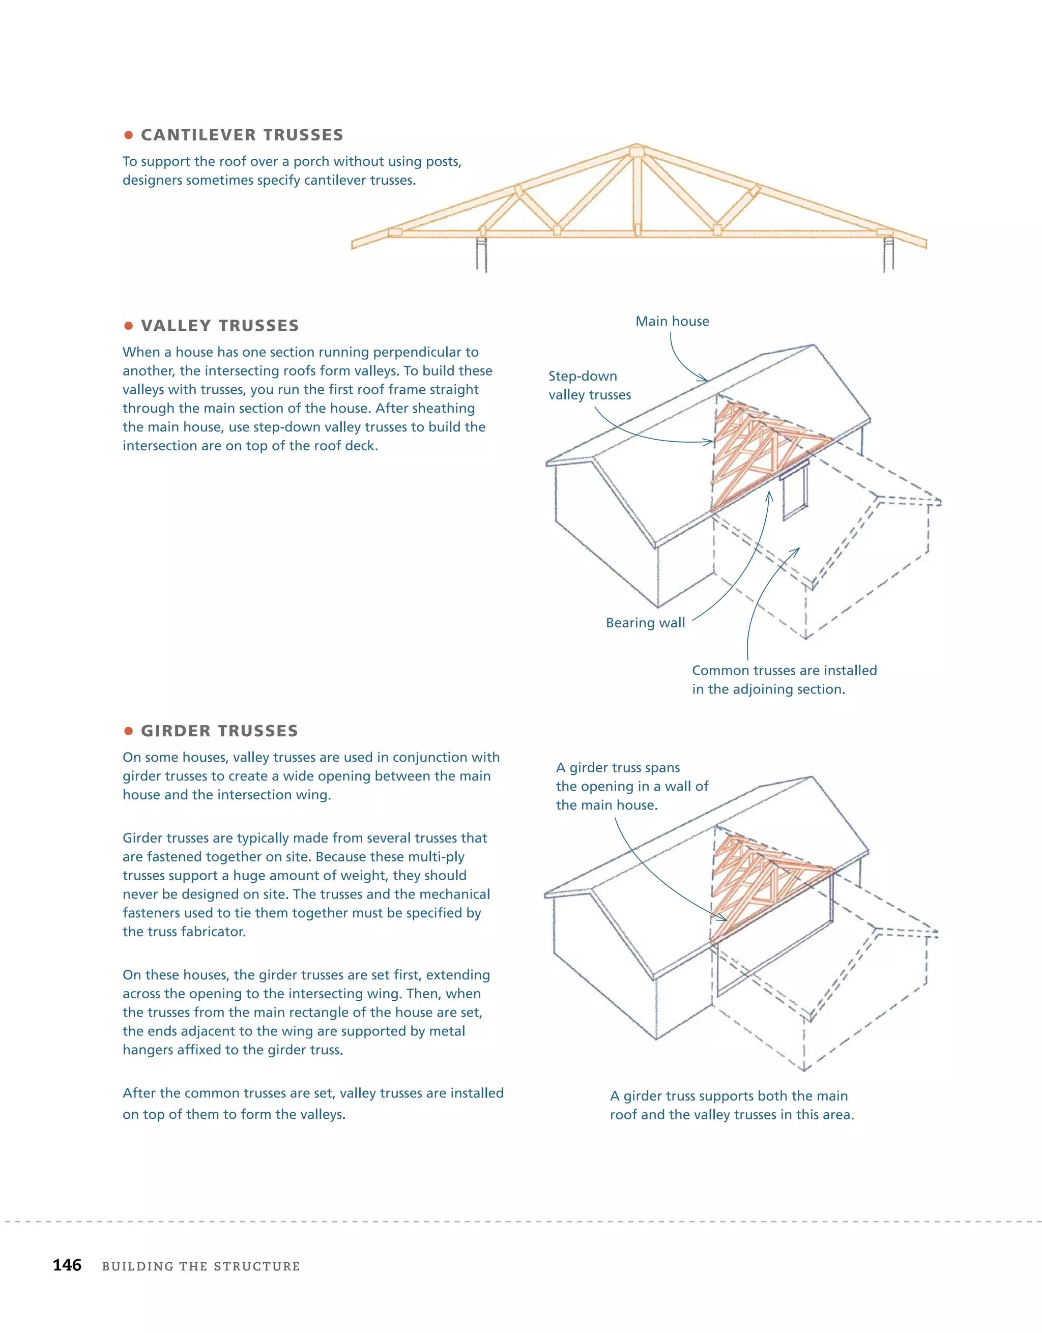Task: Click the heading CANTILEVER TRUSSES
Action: click(242, 135)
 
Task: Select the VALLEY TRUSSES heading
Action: click(220, 326)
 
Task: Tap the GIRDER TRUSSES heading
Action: click(219, 731)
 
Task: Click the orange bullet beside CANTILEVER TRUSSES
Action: click(128, 135)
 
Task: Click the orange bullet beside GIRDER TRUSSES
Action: click(128, 731)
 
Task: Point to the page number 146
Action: click(67, 1265)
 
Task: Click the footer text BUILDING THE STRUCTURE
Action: click(201, 1266)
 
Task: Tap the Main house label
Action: click(672, 322)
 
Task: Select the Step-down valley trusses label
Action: click(589, 385)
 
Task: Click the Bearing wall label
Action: click(645, 623)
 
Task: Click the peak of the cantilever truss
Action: click(636, 150)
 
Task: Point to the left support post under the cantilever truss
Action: click(482, 254)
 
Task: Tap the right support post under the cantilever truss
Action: click(888, 254)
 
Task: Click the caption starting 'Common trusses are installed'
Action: click(784, 679)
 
